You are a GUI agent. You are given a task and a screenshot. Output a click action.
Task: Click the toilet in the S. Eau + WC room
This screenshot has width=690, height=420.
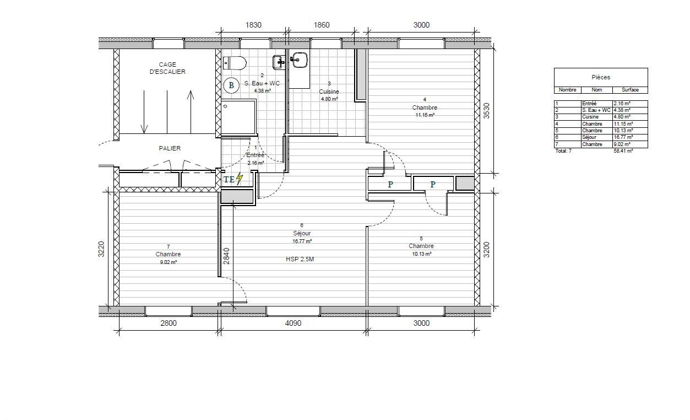point(235,63)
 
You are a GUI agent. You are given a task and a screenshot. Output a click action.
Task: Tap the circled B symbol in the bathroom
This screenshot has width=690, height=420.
point(231,85)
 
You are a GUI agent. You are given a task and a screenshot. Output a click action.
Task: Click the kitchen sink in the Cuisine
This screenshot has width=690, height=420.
point(299,60)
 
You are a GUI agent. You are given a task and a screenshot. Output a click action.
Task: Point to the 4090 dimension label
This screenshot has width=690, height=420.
point(293,323)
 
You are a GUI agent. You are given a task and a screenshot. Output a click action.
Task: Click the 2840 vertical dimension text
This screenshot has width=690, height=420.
point(226,256)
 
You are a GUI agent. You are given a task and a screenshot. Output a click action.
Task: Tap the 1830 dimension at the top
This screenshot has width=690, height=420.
point(253,25)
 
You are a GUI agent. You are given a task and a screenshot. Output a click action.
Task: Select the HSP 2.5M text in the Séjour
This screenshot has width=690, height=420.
point(300,260)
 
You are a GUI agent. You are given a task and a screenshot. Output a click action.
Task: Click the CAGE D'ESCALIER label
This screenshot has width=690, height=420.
point(167,68)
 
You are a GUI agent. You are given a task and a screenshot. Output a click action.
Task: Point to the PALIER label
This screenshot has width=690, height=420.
point(170,148)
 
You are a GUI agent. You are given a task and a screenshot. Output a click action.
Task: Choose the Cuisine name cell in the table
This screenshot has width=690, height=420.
point(590,117)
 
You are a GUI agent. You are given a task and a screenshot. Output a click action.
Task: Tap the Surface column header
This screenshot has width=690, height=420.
point(630,90)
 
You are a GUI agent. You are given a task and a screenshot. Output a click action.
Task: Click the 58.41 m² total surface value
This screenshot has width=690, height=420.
point(623,151)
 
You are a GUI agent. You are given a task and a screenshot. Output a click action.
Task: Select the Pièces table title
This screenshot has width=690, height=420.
point(601,77)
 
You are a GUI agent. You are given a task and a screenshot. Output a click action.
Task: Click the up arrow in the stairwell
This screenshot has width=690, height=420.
point(191,112)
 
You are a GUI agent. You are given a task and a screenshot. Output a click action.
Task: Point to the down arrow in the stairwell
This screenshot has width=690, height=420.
point(144,112)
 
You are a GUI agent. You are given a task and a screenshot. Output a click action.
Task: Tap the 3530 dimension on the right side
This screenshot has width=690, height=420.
point(486,111)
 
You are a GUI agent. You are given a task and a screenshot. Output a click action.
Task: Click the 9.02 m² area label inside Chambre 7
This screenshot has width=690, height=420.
point(168,262)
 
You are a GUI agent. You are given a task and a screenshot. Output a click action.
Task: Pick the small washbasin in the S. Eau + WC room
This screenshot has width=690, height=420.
point(279,62)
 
